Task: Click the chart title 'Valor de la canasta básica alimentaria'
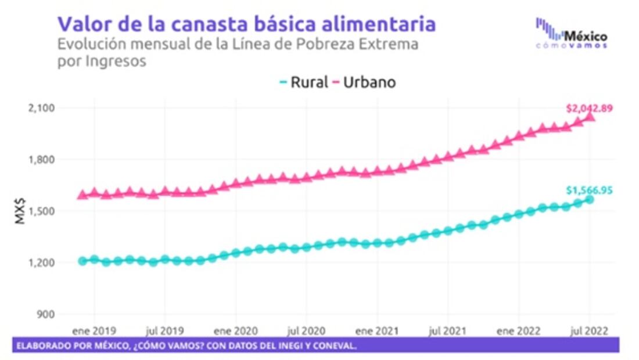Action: [x=246, y=24]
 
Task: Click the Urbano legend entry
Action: [x=364, y=82]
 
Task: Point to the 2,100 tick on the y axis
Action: [x=41, y=108]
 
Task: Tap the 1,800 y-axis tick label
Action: [x=41, y=160]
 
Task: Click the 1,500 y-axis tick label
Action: [x=41, y=211]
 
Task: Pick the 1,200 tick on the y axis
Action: [x=41, y=263]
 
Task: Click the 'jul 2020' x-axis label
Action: [x=306, y=331]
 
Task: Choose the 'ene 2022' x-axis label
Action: [x=519, y=331]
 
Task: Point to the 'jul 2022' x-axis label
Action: [x=589, y=331]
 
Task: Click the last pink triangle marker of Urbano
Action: [x=590, y=117]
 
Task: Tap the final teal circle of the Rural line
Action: [x=590, y=200]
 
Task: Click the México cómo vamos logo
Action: [x=572, y=34]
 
